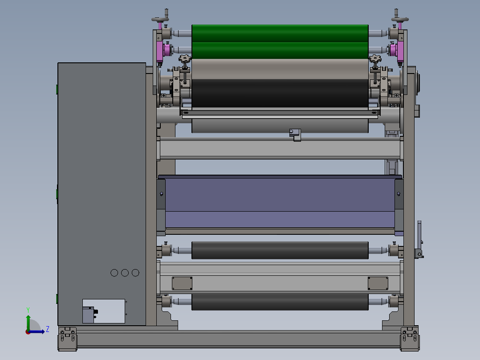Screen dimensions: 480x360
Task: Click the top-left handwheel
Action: [x=160, y=20]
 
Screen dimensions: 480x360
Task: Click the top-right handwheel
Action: [x=400, y=20]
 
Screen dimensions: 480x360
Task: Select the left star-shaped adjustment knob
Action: [x=185, y=58]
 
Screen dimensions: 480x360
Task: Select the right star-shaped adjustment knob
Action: [x=375, y=58]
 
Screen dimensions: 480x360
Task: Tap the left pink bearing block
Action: [x=159, y=51]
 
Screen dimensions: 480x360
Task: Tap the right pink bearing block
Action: [x=400, y=51]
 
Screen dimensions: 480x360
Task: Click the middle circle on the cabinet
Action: [x=125, y=273]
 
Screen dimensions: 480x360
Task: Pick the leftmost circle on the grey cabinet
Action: [x=114, y=273]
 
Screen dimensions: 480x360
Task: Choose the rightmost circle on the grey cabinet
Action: [x=135, y=273]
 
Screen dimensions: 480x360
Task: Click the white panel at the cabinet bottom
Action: [x=104, y=311]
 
